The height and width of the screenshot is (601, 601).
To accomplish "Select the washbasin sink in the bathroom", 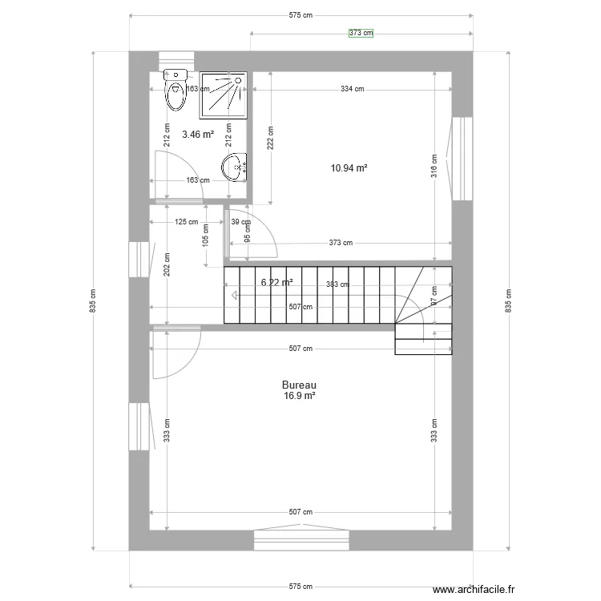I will click(235, 167).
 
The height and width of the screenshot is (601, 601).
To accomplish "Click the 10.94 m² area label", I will click(349, 168).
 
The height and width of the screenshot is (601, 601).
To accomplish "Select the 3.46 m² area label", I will click(197, 135).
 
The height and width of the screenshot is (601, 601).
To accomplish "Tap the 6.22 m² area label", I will click(276, 282).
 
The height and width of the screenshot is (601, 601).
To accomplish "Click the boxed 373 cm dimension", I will click(361, 33).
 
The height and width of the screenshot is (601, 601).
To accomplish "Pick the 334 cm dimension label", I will click(352, 89).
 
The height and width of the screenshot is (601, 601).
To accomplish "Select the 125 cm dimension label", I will click(187, 222).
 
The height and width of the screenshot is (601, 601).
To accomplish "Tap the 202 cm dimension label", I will click(167, 265).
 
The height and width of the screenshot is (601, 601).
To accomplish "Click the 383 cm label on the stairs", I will click(337, 284).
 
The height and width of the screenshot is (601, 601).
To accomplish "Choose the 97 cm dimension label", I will click(434, 295).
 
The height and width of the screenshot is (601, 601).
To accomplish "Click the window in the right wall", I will click(462, 159).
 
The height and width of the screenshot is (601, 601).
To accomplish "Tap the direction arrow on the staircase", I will click(235, 295).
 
